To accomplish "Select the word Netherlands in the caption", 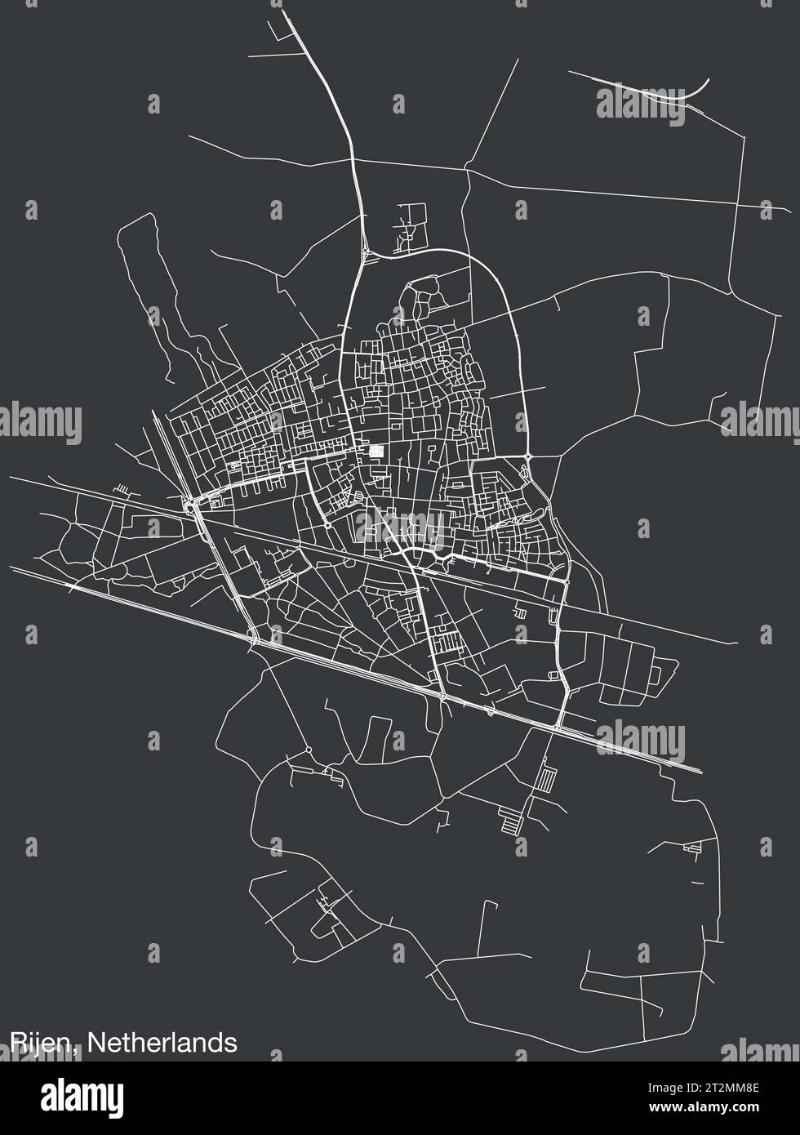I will [x=162, y=1043].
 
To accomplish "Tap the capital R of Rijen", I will [x=17, y=1043].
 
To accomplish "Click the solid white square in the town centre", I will [x=376, y=451].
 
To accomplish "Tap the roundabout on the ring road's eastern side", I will [x=529, y=456].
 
